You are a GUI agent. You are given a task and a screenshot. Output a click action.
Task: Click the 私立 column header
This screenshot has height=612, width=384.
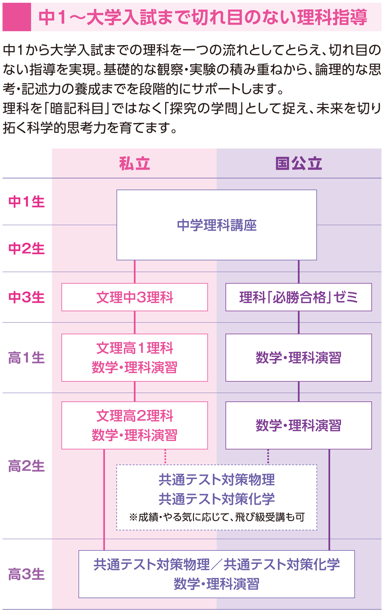(134, 164)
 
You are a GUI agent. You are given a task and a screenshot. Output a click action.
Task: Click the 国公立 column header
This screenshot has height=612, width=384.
(299, 164)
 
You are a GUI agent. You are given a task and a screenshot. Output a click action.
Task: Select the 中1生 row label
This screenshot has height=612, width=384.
(27, 202)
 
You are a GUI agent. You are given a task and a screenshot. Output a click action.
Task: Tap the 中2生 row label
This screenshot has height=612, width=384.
(27, 249)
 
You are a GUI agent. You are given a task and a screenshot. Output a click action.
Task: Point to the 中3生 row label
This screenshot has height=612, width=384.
(27, 297)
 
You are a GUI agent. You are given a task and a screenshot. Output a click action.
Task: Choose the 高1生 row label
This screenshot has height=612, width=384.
(27, 358)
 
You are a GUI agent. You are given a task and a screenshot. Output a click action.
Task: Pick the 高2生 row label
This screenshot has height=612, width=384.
(27, 466)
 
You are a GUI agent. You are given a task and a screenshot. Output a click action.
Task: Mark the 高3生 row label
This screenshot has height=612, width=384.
(27, 574)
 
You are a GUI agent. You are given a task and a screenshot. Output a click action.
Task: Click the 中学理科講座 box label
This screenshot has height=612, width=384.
(217, 225)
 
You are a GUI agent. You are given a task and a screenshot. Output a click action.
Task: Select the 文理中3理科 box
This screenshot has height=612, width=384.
(135, 297)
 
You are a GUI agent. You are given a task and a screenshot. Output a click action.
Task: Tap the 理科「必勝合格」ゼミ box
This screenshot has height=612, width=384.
(299, 297)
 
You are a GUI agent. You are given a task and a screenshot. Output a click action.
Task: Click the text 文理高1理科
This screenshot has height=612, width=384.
(135, 348)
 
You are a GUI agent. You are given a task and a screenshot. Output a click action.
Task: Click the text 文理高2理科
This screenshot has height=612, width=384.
(135, 416)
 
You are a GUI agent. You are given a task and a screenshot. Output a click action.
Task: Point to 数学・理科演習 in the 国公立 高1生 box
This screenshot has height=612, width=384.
(299, 358)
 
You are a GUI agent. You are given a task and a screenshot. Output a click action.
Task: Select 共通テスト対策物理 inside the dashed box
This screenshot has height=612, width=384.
(217, 479)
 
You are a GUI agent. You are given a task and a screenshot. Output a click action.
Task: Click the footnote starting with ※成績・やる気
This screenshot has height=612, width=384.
(217, 517)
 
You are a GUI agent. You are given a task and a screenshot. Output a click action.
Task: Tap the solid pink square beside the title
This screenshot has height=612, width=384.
(17, 17)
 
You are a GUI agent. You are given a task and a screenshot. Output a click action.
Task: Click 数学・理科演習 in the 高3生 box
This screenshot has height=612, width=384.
(217, 584)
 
